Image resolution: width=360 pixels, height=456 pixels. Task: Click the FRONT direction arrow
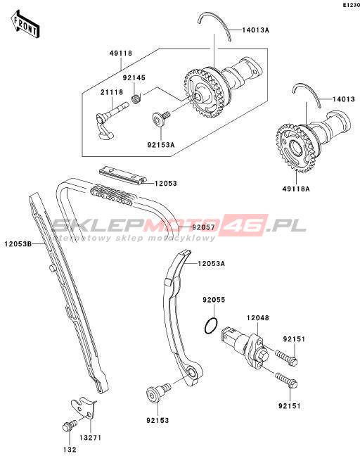click(x=25, y=24)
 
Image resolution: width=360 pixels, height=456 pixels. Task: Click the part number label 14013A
click(x=256, y=30)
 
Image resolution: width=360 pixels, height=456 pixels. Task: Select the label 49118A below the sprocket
click(x=296, y=189)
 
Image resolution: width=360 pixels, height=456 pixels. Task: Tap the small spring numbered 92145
click(x=136, y=99)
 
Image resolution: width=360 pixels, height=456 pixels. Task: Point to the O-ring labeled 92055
click(x=211, y=326)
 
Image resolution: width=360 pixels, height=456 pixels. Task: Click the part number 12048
click(x=258, y=318)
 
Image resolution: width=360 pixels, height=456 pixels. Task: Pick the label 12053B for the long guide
click(x=18, y=243)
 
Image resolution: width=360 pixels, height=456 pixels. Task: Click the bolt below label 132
click(x=70, y=426)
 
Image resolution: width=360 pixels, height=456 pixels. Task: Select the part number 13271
click(x=91, y=437)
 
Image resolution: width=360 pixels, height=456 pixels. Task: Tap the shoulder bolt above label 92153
click(x=158, y=391)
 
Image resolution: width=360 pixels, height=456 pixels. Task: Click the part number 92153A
click(x=161, y=144)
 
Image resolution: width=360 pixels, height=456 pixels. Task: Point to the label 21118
click(x=112, y=92)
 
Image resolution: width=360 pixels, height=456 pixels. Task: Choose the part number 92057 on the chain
click(x=203, y=227)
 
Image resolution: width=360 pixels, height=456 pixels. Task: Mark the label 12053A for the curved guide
click(x=211, y=263)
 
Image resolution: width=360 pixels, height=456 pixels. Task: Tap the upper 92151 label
click(x=294, y=338)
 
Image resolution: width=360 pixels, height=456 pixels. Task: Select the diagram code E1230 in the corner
click(x=351, y=5)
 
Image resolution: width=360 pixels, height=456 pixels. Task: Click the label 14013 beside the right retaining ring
click(x=344, y=99)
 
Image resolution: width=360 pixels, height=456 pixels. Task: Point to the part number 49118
click(x=121, y=53)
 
